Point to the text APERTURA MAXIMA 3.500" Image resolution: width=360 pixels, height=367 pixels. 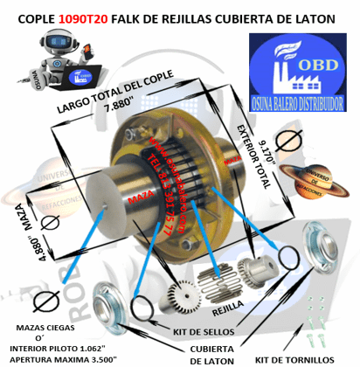pos(54,357)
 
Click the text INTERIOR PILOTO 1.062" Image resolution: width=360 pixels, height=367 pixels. pos(54,348)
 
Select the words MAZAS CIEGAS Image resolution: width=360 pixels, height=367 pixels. pos(41,328)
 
